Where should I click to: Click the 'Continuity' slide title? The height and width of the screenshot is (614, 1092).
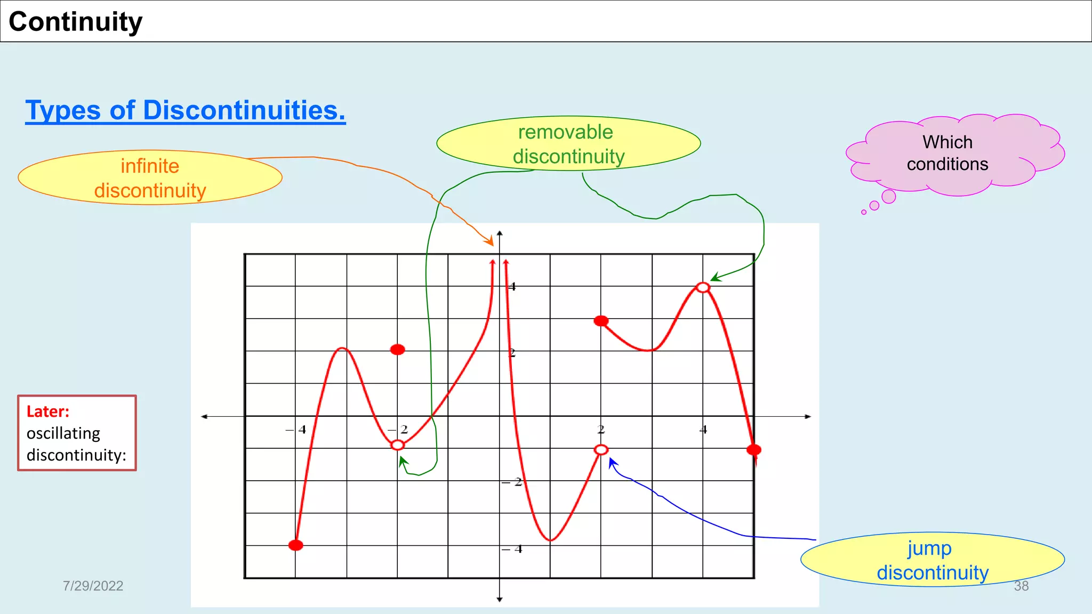click(x=76, y=22)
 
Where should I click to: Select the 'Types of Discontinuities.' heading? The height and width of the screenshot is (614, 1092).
click(x=185, y=110)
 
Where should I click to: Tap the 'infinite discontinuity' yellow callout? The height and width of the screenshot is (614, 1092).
click(x=150, y=178)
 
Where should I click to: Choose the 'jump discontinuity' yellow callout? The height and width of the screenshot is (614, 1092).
click(x=932, y=560)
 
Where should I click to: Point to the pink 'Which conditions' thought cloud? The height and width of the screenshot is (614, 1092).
click(x=948, y=153)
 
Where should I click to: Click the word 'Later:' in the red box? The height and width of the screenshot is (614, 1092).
click(x=48, y=411)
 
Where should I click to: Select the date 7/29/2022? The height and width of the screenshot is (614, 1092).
click(x=93, y=586)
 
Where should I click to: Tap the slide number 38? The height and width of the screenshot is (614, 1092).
click(x=1021, y=586)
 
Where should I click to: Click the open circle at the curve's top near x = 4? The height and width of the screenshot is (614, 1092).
click(x=703, y=288)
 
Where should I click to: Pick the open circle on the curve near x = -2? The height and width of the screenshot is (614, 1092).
click(x=398, y=445)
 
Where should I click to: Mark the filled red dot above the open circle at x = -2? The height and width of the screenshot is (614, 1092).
click(x=398, y=350)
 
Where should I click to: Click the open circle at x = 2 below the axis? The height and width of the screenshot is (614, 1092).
click(x=601, y=450)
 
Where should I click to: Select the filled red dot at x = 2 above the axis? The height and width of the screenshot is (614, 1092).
click(x=601, y=321)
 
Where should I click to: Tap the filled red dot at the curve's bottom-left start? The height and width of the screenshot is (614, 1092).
click(x=296, y=545)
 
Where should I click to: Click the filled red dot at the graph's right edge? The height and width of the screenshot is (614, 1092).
click(x=754, y=450)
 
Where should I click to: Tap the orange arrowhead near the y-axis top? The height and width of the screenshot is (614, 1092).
click(x=489, y=242)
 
